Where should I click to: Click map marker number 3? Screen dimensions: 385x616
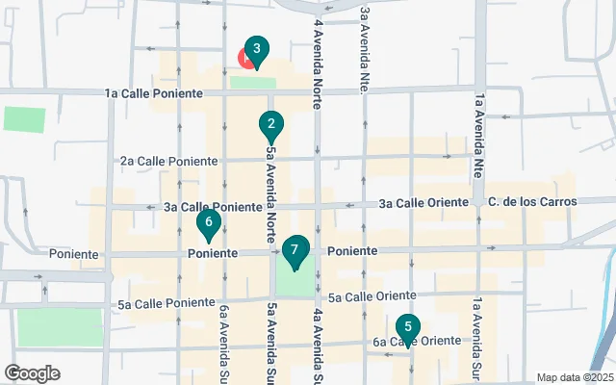tap(255, 50)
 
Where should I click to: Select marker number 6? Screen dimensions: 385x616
tap(208, 223)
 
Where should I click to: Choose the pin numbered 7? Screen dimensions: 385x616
tap(295, 251)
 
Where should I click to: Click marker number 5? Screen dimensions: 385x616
tap(408, 328)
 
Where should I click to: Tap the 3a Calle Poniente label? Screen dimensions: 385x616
tap(213, 207)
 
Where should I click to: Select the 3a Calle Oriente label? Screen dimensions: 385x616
tap(423, 203)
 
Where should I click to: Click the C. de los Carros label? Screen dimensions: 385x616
tap(532, 202)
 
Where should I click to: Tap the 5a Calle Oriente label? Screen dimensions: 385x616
tap(371, 297)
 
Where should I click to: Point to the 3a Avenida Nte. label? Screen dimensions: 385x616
tap(365, 48)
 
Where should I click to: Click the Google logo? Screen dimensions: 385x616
tap(32, 373)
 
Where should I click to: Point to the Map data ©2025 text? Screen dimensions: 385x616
tap(574, 377)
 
